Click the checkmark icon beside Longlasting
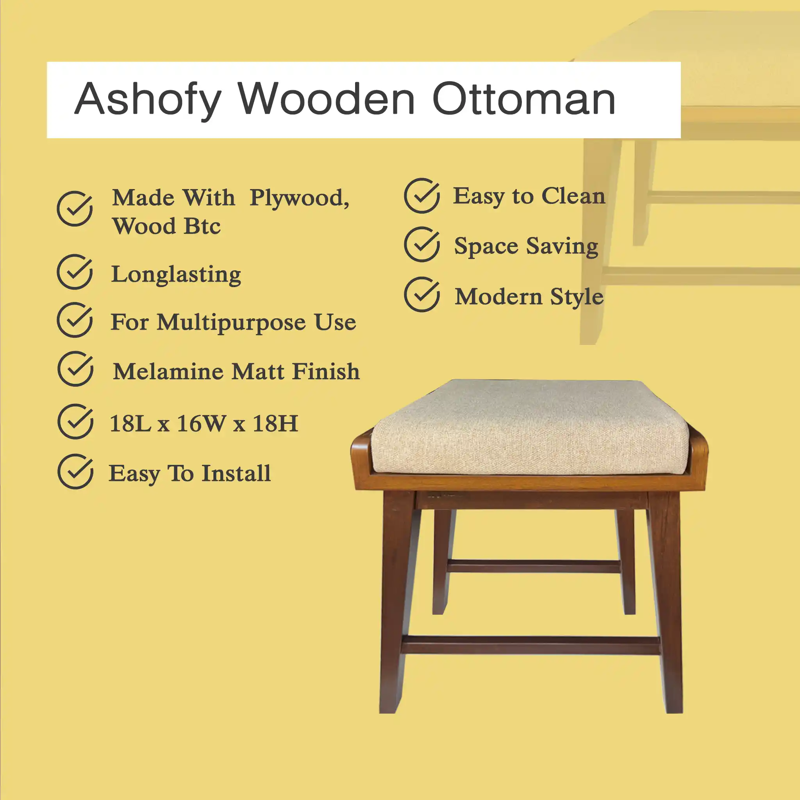click(x=75, y=271)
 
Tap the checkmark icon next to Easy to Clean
click(x=422, y=195)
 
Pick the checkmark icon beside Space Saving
click(x=422, y=244)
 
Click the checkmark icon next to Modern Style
click(x=422, y=295)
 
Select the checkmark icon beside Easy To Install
click(x=76, y=471)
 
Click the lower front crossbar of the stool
click(x=530, y=646)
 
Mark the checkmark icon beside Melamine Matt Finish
click(x=76, y=369)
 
